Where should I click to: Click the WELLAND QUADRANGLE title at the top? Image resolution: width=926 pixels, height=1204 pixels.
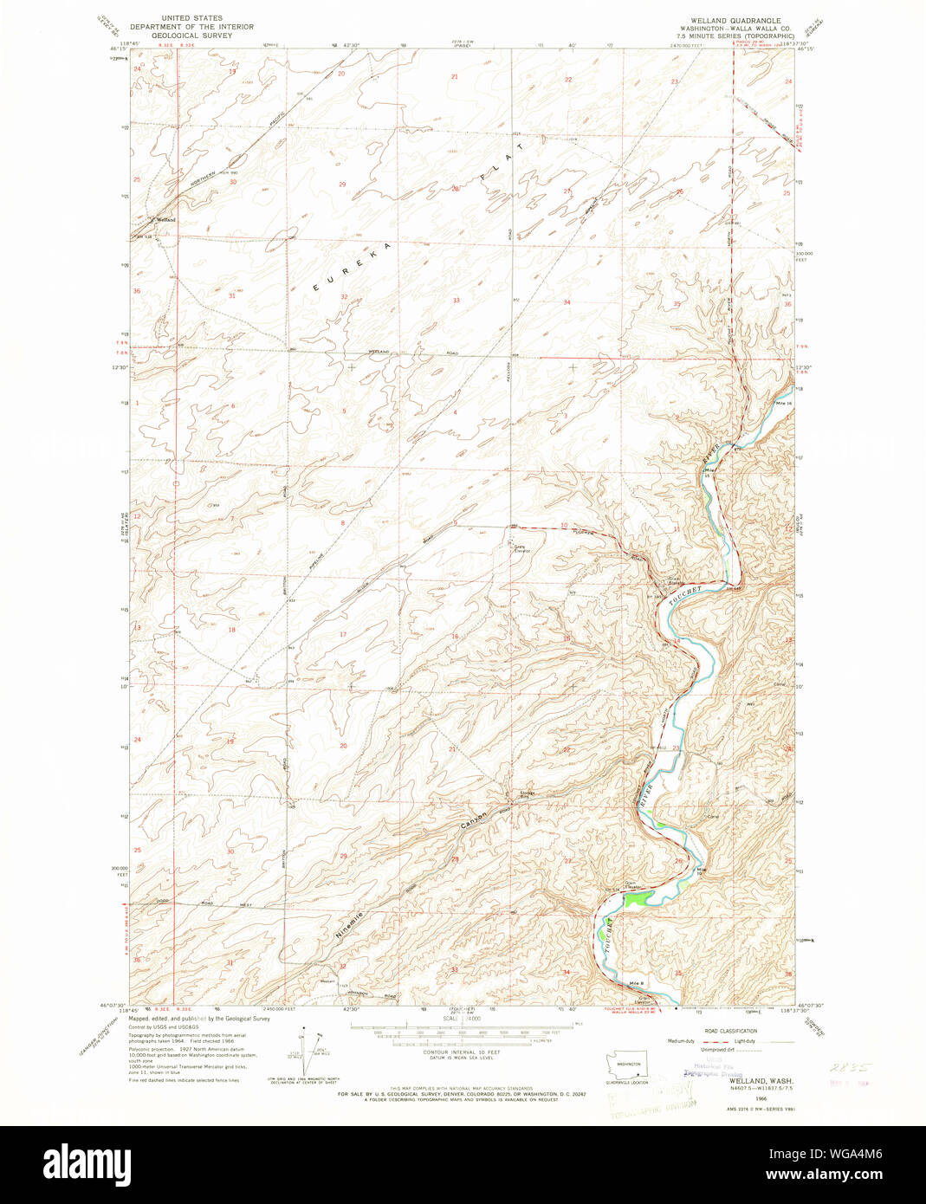pos(735,20)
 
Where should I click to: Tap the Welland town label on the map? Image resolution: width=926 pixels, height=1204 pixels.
pos(165,220)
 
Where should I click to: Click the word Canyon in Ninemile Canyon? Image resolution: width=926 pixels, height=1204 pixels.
pos(474,819)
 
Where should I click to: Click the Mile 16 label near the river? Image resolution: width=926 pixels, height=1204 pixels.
pos(785,404)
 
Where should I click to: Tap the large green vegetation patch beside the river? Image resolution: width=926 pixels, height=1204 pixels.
pos(635,898)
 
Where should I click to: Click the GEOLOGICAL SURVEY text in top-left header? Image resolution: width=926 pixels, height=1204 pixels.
pos(191,36)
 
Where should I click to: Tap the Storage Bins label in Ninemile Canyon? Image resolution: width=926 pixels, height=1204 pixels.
pos(527,794)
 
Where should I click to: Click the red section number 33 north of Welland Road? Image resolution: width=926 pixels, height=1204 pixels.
pos(456,300)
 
